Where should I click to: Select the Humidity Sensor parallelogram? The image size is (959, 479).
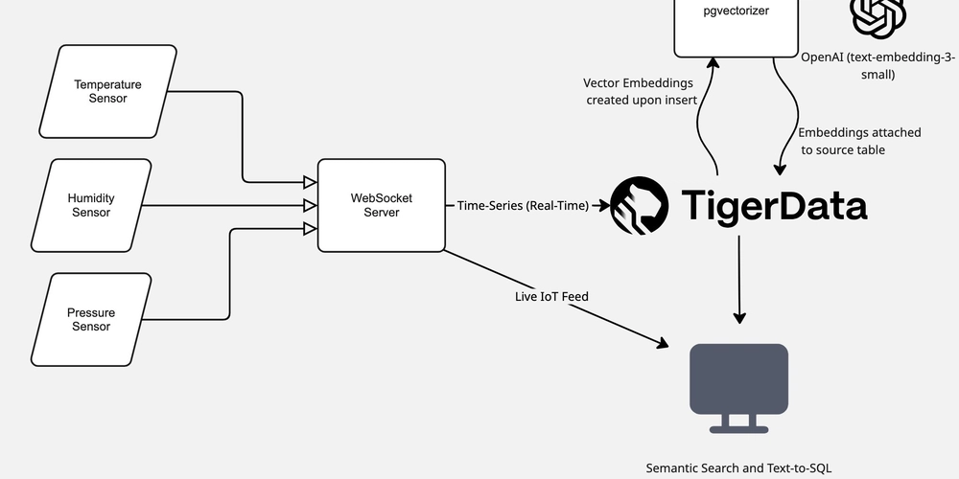(91, 205)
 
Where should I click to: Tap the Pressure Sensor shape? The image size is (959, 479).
(91, 319)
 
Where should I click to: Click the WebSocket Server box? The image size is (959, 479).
(381, 205)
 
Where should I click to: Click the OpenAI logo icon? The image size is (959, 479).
(878, 14)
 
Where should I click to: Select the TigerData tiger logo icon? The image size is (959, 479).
(639, 205)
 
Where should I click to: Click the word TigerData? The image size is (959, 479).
(774, 205)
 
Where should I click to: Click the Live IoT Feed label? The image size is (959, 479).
(551, 297)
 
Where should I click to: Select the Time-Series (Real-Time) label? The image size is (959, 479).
(523, 205)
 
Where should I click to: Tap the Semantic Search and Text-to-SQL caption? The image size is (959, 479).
(738, 468)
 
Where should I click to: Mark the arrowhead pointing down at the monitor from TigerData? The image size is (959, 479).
(739, 316)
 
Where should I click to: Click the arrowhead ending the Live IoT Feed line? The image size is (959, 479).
(663, 343)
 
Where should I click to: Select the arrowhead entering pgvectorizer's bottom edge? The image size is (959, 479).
(713, 63)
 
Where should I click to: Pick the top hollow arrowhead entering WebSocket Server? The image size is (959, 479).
(310, 182)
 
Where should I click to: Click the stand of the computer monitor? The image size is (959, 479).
(739, 422)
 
